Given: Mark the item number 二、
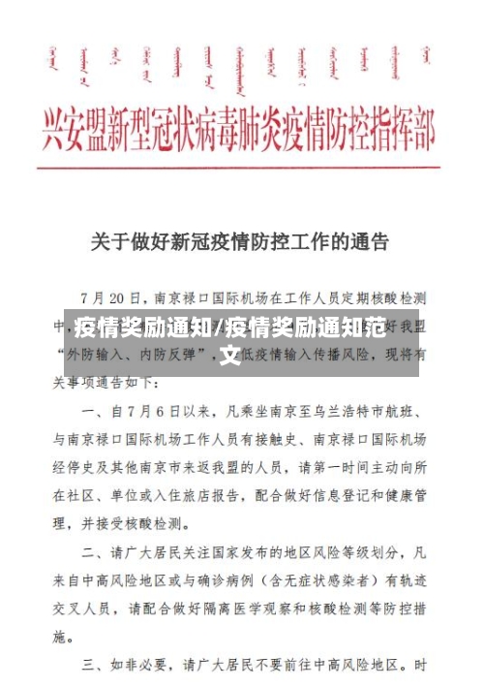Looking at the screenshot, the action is pyautogui.click(x=92, y=553).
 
